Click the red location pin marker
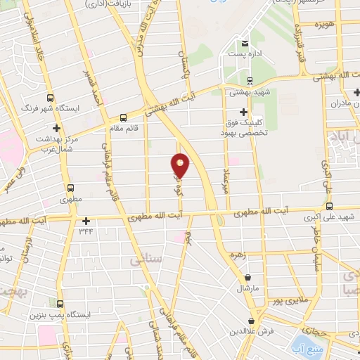[181, 165]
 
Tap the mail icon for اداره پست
[244, 43]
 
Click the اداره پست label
[245, 55]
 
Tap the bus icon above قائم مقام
[124, 117]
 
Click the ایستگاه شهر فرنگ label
[74, 109]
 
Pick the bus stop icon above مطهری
[70, 188]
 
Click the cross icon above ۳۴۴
[86, 219]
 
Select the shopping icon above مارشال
[248, 278]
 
